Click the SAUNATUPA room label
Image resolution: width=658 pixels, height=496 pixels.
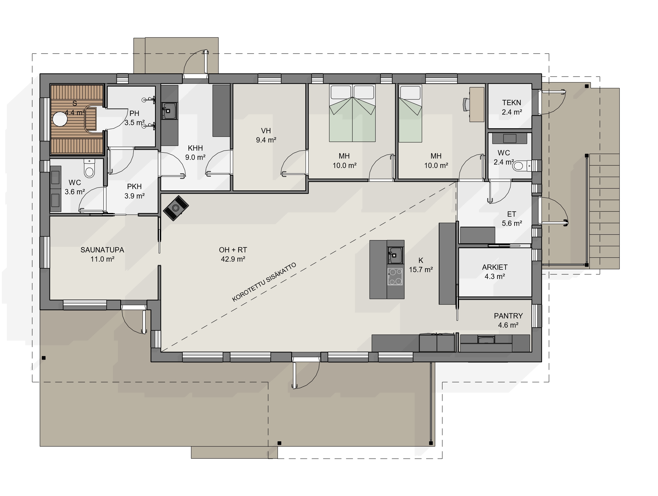click(x=102, y=250)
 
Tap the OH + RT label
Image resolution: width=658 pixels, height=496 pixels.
click(x=233, y=250)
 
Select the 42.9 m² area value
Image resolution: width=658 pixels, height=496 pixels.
click(x=233, y=259)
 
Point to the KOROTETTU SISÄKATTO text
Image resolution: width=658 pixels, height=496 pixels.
click(x=264, y=282)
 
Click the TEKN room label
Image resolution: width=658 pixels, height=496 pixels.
click(x=512, y=103)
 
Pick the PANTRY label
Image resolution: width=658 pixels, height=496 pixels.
click(x=509, y=316)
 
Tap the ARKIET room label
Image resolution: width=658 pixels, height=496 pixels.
click(x=495, y=267)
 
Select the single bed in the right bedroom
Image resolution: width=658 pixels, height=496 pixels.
click(x=410, y=113)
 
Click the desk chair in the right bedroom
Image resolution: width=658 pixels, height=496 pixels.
click(x=466, y=105)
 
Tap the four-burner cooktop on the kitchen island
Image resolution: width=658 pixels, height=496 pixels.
click(x=395, y=277)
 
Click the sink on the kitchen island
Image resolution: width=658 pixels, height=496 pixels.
click(x=395, y=255)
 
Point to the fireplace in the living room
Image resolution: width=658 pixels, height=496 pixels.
click(x=176, y=208)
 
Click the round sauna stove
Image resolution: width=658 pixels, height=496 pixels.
click(x=60, y=119)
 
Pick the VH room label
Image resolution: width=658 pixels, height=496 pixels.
click(x=266, y=131)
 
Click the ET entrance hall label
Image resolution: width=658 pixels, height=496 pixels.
click(x=512, y=214)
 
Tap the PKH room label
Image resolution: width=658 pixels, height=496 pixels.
click(x=134, y=187)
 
